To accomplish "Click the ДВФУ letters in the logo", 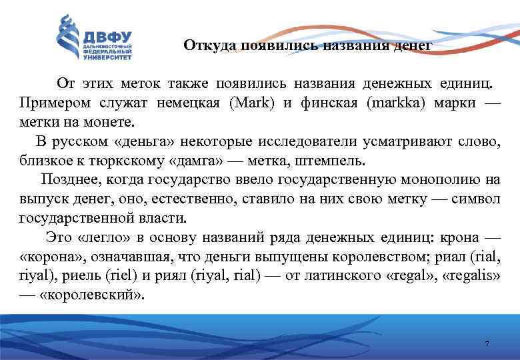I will pyautogui.click(x=107, y=37).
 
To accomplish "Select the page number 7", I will pyautogui.click(x=487, y=343).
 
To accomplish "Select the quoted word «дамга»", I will pyautogui.click(x=191, y=161).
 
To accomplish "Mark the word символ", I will pyautogui.click(x=477, y=198).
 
